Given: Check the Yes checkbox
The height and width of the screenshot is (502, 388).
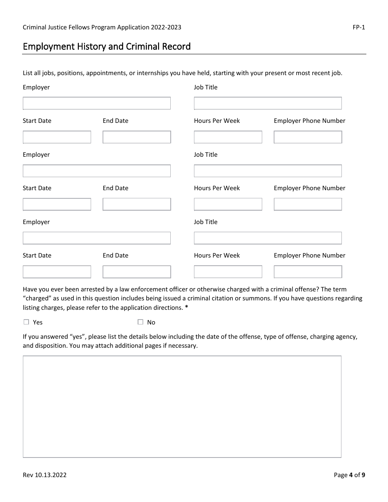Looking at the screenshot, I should coord(27,322).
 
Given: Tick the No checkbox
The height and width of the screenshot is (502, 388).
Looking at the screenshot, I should coord(140,322).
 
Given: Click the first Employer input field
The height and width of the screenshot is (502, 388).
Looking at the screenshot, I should coord(96,103).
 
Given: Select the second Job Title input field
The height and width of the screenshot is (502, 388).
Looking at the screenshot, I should coord(268,171).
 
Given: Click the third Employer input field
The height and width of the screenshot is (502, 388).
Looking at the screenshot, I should coord(96,238).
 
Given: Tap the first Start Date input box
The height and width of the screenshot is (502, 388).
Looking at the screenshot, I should coord(57,137).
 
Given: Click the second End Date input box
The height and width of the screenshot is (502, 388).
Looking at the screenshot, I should coord(136,204).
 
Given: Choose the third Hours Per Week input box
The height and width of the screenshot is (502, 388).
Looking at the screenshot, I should coord(228,272).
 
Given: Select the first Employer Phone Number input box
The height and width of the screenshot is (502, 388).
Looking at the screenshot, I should coord(308,137).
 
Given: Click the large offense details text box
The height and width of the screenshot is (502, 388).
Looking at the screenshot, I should coord(182,406).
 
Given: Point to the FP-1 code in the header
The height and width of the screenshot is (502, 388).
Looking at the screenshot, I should coord(359,27).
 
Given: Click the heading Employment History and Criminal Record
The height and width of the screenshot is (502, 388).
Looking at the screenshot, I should coord(107,47).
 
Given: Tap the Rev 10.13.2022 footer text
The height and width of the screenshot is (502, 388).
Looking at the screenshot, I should coord(45,475).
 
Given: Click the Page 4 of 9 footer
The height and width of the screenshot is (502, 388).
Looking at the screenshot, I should coord(349,475).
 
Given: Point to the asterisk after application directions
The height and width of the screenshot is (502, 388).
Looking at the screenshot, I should coord(187,307).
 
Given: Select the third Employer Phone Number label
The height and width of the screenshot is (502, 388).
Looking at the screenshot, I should coord(309,255).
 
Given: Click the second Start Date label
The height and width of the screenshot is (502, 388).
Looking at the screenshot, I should coord(37,188).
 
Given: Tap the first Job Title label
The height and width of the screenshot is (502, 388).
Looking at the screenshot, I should coord(205,87).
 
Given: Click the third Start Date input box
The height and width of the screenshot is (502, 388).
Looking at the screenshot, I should coord(57,272).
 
